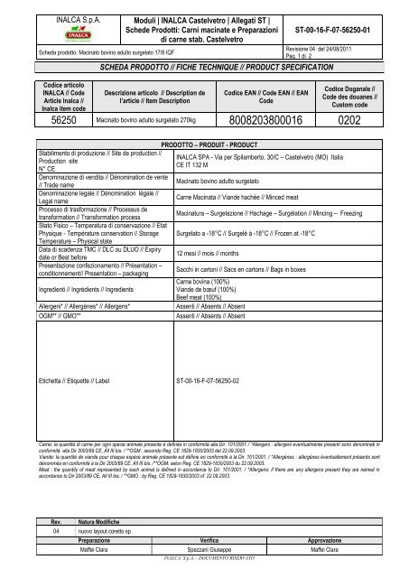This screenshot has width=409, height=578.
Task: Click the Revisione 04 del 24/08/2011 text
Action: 339,48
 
